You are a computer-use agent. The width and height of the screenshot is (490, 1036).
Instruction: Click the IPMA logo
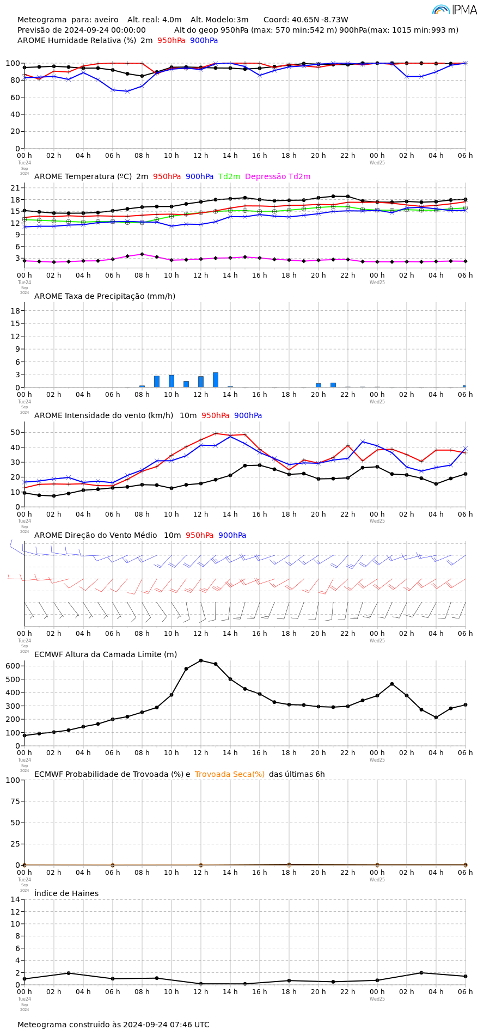coord(455,9)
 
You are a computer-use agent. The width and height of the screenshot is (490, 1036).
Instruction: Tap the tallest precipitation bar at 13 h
coord(216,380)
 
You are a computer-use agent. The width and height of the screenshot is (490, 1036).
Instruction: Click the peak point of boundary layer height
coord(201,660)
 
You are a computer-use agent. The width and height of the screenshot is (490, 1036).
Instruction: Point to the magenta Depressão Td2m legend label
coord(278,177)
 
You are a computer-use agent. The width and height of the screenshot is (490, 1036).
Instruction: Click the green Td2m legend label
coord(229,177)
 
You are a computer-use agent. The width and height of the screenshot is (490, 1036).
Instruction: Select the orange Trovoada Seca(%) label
coord(230,774)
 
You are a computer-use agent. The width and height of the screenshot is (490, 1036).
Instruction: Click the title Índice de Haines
coord(66,893)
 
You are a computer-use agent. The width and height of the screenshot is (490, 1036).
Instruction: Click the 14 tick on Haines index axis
coord(15,899)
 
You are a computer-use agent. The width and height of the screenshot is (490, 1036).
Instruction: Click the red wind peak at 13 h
coord(216,433)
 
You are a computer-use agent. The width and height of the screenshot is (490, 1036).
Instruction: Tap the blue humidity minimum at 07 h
coord(127,91)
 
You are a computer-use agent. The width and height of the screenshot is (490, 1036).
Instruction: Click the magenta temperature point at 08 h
coord(142,254)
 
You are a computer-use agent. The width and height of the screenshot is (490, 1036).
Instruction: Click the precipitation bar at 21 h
coord(333,385)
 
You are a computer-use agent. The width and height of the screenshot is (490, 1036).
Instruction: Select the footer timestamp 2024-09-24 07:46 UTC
coord(166,1025)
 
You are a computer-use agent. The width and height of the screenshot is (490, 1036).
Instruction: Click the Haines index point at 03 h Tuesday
coord(69,973)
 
